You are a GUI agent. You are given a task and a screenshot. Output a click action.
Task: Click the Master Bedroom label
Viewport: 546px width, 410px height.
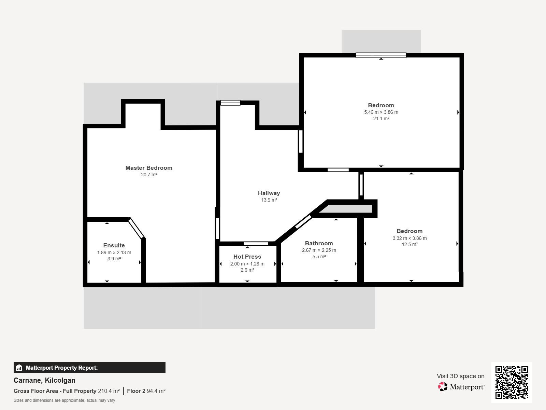tap(149, 168)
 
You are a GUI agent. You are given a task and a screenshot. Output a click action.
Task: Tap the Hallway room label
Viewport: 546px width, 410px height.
tap(269, 193)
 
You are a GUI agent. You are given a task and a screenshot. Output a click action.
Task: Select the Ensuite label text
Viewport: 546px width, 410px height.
tap(114, 245)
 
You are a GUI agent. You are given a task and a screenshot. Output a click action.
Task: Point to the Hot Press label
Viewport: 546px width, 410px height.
tap(247, 257)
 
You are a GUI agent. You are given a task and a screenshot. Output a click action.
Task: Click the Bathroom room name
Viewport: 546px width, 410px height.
tap(319, 243)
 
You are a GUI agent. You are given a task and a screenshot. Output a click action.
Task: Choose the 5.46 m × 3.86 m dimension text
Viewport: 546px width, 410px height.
tap(381, 112)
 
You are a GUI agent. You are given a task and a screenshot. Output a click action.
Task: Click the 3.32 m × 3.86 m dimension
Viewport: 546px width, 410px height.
tap(410, 238)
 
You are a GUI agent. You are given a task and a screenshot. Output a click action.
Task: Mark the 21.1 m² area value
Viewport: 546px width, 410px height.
tap(381, 119)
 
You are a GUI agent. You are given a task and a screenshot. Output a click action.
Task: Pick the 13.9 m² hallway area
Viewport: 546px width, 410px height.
tap(269, 200)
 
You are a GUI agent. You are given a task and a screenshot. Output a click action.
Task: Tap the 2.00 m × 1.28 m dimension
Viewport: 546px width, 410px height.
tap(247, 264)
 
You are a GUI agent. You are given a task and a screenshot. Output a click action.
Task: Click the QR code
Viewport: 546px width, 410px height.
tap(512, 383)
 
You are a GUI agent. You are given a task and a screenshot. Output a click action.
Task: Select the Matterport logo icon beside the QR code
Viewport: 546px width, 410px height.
tap(443, 387)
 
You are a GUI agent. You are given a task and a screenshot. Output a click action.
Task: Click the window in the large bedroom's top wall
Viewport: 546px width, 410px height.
tap(381, 55)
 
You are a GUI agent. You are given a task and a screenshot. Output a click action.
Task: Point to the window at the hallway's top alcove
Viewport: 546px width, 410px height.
tap(230, 103)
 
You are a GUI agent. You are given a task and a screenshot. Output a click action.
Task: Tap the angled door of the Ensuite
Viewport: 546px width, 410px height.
tap(136, 229)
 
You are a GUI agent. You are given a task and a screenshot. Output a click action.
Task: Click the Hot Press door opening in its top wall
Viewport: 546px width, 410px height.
tap(256, 244)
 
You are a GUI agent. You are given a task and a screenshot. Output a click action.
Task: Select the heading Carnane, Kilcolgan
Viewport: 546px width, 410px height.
tap(44, 380)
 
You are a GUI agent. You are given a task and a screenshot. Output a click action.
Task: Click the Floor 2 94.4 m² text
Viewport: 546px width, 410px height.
tap(146, 391)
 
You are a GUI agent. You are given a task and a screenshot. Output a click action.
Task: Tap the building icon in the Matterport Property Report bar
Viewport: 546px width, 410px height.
tap(19, 368)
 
